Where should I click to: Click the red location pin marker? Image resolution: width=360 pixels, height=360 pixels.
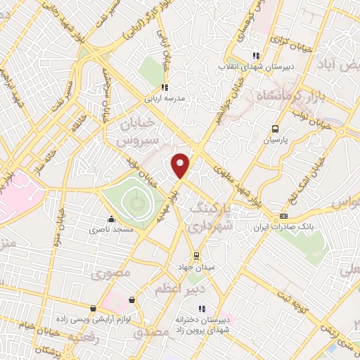(x=181, y=165)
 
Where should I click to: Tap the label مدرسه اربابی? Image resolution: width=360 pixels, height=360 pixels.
(x=165, y=98)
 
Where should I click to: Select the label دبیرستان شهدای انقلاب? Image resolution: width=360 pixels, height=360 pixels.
(x=271, y=67)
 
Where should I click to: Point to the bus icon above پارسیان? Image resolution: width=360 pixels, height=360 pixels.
(x=276, y=129)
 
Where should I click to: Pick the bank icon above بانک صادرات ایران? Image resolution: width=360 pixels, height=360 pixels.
(x=283, y=216)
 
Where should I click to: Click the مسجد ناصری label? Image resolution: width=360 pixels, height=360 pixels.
(x=110, y=229)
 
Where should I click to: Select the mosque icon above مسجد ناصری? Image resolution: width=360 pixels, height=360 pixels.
(x=110, y=218)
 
